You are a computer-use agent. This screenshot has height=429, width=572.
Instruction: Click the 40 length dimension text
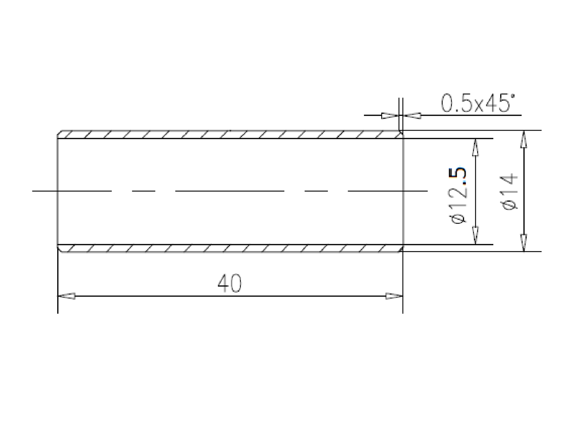(x=230, y=284)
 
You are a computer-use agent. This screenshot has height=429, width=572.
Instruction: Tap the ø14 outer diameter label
(x=510, y=192)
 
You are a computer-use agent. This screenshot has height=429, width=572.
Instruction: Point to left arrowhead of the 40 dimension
(x=67, y=296)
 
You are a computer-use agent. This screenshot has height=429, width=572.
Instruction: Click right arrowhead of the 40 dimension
(x=394, y=296)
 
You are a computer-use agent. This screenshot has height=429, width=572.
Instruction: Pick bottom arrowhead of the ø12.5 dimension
(x=475, y=236)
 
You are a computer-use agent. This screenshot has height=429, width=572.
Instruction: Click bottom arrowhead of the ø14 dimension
(x=524, y=243)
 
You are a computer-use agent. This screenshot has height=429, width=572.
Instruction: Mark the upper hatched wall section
(x=230, y=134)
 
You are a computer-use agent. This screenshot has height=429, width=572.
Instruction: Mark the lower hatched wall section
(x=230, y=248)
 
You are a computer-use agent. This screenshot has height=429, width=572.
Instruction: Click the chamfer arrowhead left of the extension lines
(x=390, y=115)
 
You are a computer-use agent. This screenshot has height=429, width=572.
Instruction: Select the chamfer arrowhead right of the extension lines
(x=412, y=115)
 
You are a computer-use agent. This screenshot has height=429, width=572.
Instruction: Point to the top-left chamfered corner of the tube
(x=59, y=132)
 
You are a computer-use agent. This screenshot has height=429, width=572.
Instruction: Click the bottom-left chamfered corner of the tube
(x=59, y=250)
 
